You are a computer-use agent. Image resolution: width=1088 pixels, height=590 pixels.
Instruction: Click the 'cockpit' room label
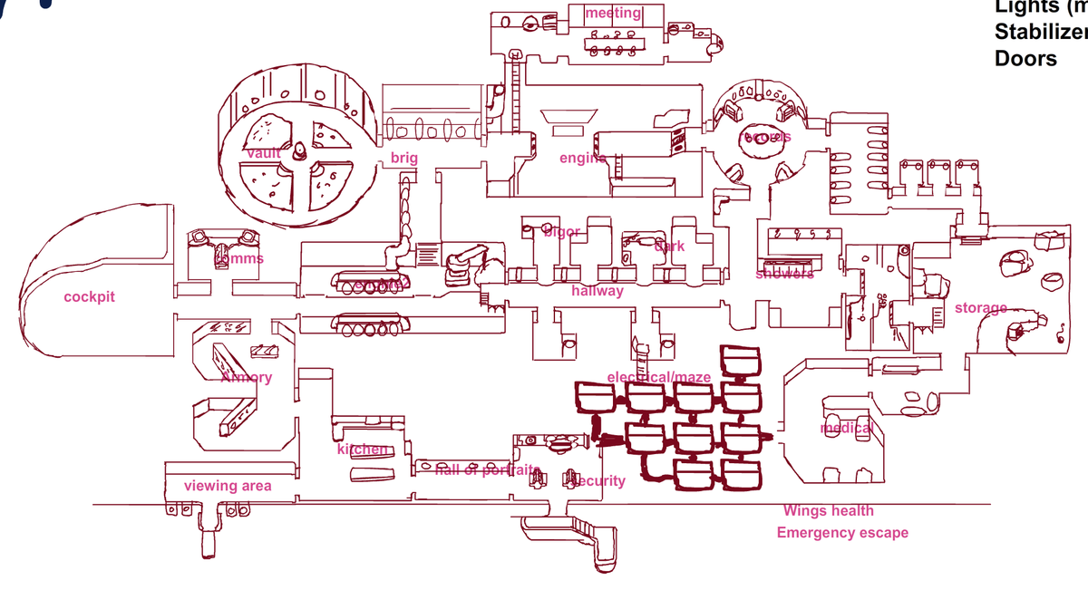point(89,297)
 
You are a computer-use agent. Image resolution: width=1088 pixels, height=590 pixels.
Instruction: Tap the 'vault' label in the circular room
point(264,154)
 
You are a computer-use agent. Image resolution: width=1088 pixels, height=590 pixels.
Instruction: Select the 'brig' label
point(404,159)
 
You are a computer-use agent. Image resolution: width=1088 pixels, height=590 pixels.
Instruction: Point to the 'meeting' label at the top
point(614,13)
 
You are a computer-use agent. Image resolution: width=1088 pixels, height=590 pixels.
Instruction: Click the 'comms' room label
point(238,258)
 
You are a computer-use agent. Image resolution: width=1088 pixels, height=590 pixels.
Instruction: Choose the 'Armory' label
point(246,377)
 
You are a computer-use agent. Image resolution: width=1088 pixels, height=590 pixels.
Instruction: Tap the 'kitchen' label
point(363,450)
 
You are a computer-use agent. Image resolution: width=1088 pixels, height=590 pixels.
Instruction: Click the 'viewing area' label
point(228,486)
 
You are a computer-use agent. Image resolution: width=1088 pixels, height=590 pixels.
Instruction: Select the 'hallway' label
point(597,291)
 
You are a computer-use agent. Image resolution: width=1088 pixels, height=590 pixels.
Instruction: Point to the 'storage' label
point(981,308)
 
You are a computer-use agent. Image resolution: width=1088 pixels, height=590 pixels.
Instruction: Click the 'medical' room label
point(847,428)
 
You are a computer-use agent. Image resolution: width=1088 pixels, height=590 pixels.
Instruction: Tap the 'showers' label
point(784,274)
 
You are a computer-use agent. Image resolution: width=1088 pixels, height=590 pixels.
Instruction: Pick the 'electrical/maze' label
point(646,377)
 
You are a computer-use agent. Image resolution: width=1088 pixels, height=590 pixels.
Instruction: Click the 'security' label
point(598,480)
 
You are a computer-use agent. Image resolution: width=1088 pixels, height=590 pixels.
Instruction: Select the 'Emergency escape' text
point(842,533)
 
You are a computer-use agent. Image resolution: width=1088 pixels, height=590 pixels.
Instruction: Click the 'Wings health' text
point(829,511)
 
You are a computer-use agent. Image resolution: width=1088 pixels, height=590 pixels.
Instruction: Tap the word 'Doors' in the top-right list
point(1025,58)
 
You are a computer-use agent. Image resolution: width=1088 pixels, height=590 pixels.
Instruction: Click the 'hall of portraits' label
point(488,469)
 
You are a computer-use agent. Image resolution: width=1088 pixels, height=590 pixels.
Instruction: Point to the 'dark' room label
point(670,246)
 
